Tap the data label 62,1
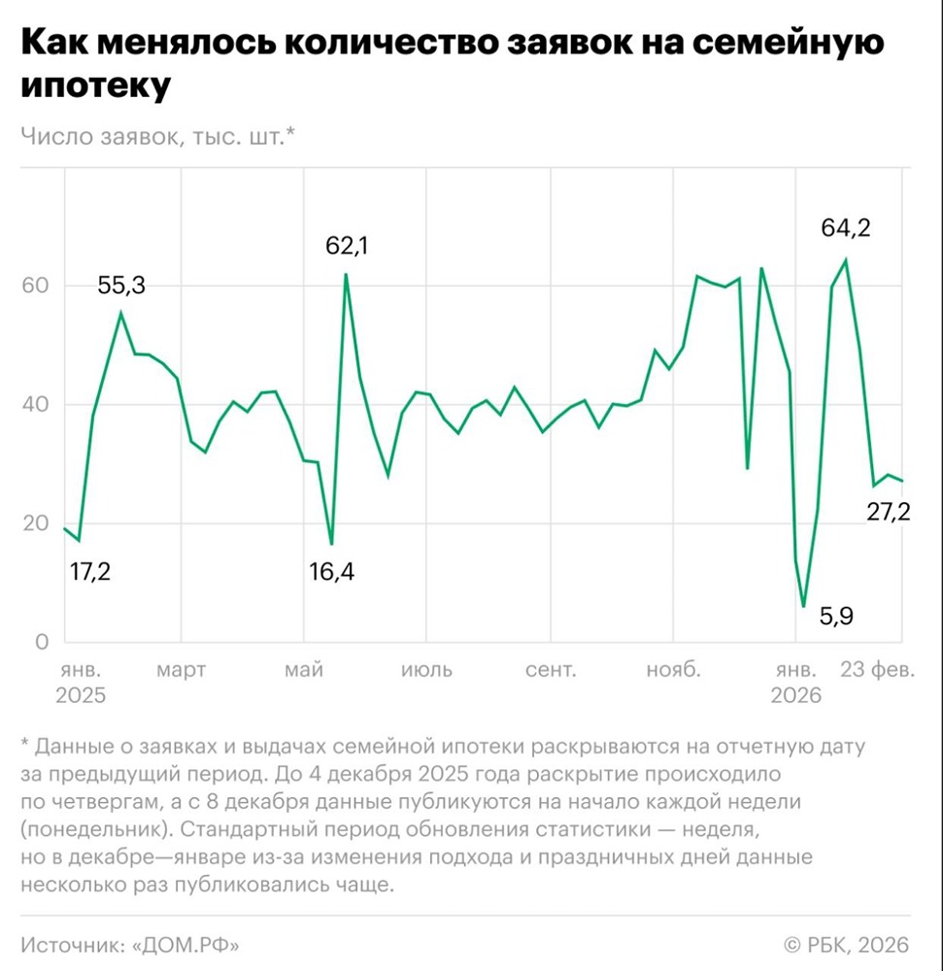(x=348, y=246)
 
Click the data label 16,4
(x=332, y=571)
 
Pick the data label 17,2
(x=90, y=571)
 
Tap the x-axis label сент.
(x=551, y=670)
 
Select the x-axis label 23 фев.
(x=877, y=670)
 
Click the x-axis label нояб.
(x=673, y=670)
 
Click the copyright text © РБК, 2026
(x=846, y=944)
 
